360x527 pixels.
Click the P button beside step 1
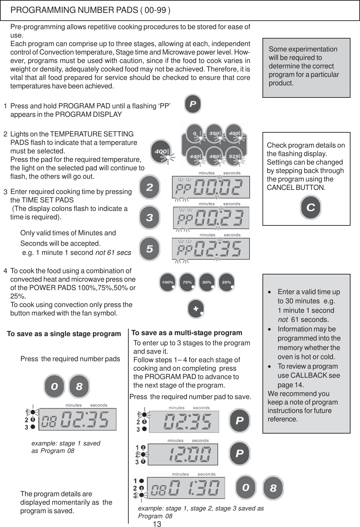coord(192,104)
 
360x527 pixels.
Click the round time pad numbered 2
coord(149,187)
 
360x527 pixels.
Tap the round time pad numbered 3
coord(149,218)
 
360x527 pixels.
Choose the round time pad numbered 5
coord(149,249)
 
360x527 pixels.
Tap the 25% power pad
coord(227,282)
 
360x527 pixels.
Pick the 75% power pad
coord(188,282)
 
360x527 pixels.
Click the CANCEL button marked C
coord(310,207)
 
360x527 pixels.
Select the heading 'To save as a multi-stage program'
coord(187,333)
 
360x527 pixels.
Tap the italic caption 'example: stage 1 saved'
coord(66,443)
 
